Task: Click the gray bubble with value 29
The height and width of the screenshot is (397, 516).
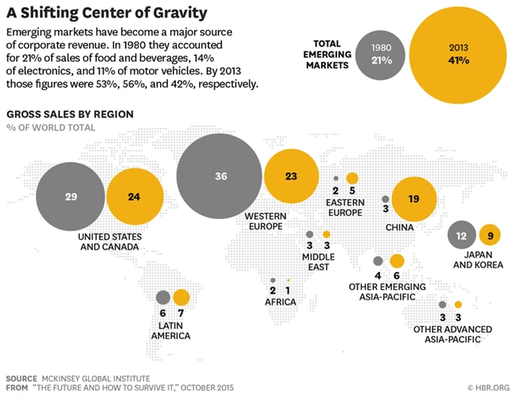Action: (71, 196)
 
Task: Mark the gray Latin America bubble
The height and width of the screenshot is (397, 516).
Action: (164, 297)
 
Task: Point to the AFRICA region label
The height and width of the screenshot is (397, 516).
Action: (282, 302)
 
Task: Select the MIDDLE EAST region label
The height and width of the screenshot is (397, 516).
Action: (318, 261)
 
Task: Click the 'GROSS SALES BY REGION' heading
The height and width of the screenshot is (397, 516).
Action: (70, 114)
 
